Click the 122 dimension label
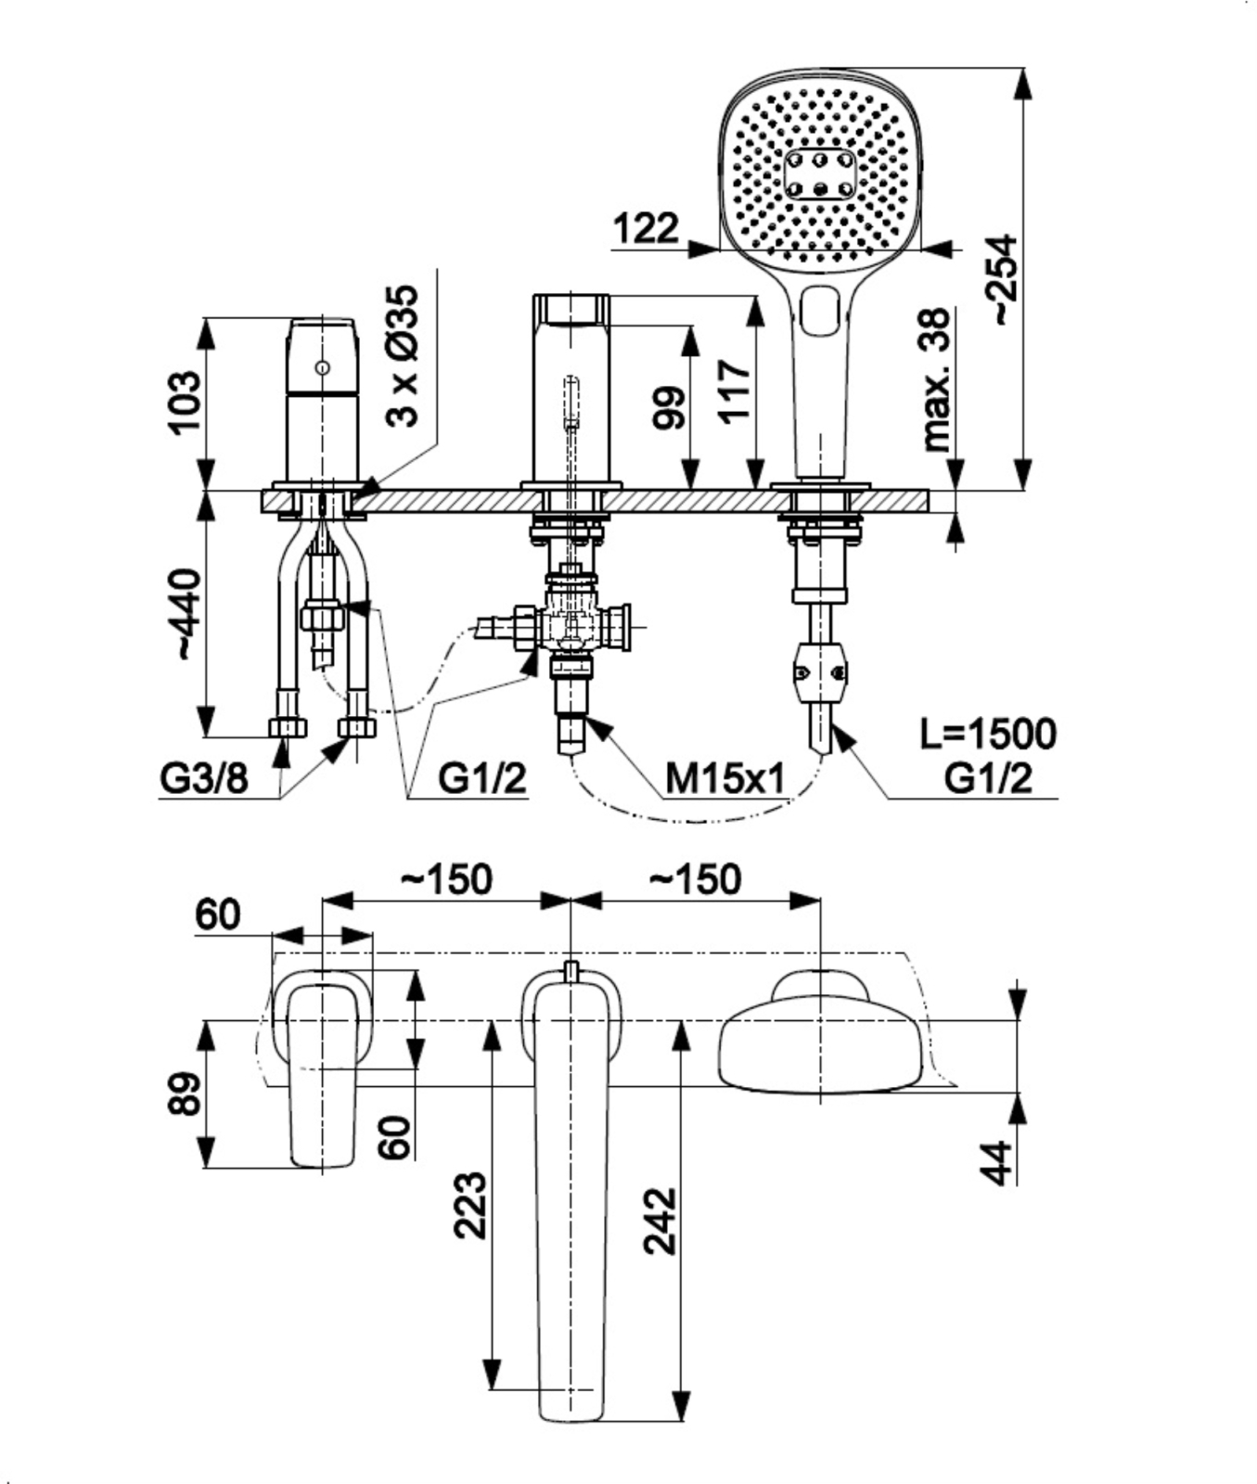point(647,227)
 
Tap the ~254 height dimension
point(1001,279)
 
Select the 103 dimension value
point(184,402)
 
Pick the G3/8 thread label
point(204,779)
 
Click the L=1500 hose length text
point(987,735)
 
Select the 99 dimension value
point(669,407)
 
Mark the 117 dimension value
point(735,392)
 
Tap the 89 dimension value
point(185,1094)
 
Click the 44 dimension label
point(997,1162)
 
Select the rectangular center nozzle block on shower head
point(819,174)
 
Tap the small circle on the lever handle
point(322,367)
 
